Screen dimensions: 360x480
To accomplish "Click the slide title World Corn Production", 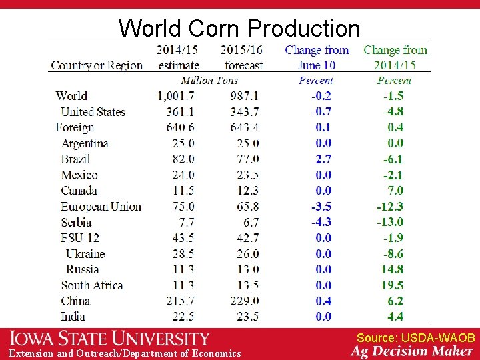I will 239,28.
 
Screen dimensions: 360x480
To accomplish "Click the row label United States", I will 93,112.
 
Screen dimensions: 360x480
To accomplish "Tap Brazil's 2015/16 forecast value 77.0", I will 247,159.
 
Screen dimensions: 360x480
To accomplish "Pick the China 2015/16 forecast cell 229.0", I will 245,301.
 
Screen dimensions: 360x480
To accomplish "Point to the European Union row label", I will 101,207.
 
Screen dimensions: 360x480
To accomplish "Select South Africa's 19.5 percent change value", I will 392,285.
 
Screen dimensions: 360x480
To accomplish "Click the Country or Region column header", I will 97,65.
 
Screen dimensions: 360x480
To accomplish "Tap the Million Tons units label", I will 209,81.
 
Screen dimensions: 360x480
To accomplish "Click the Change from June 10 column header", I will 317,57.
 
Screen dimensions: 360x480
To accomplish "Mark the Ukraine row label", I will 85,254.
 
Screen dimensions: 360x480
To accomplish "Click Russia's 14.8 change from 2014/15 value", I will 392,270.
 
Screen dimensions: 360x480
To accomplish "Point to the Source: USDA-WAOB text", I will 415,338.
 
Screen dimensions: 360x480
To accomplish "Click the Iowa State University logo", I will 109,339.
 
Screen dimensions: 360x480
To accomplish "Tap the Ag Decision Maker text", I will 412,351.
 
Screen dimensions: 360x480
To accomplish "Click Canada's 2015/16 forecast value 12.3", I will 247,191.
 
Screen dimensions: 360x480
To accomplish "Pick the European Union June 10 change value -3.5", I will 321,207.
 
